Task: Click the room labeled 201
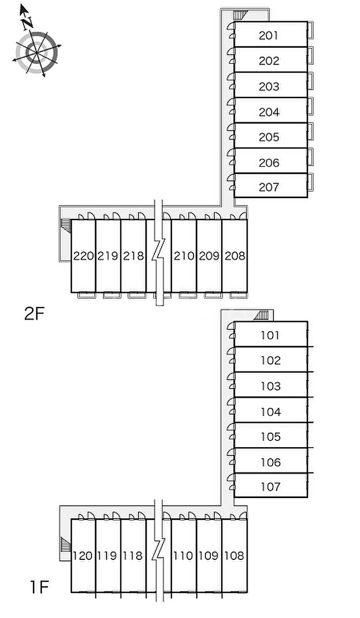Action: [269, 36]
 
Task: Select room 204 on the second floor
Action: [269, 112]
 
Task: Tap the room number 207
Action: [269, 187]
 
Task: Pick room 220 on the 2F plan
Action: [83, 256]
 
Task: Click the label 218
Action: [133, 256]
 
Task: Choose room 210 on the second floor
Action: [184, 256]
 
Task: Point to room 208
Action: [235, 256]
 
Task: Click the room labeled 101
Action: [270, 336]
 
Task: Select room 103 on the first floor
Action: [270, 386]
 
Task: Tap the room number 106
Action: [270, 462]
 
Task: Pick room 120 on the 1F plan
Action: [83, 556]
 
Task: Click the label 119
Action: [108, 556]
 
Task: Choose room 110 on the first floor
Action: [184, 556]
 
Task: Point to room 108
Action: [235, 556]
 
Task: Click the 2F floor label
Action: [35, 314]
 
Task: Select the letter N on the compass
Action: [27, 22]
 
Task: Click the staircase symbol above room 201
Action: [240, 15]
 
